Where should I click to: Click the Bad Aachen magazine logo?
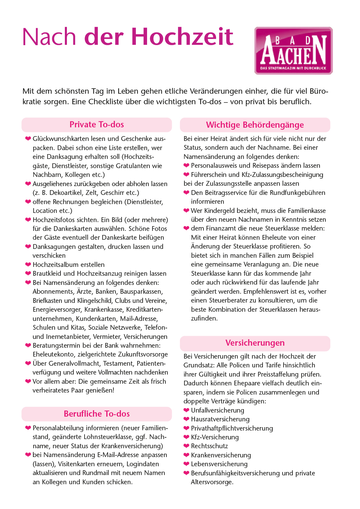pyautogui.click(x=293, y=51)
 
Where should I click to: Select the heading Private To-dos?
pyautogui.click(x=97, y=125)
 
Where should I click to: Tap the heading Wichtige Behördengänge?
pyautogui.click(x=255, y=125)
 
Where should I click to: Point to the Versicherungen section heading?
pyautogui.click(x=255, y=343)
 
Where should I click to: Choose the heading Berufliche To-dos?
pyautogui.click(x=97, y=414)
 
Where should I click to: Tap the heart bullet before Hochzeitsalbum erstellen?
pyautogui.click(x=28, y=265)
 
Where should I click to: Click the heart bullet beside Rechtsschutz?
pyautogui.click(x=186, y=446)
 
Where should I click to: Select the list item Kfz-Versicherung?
pyautogui.click(x=215, y=437)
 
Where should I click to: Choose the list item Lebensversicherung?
pyautogui.click(x=219, y=464)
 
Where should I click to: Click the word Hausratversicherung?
pyautogui.click(x=220, y=419)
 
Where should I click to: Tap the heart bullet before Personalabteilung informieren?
pyautogui.click(x=28, y=428)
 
